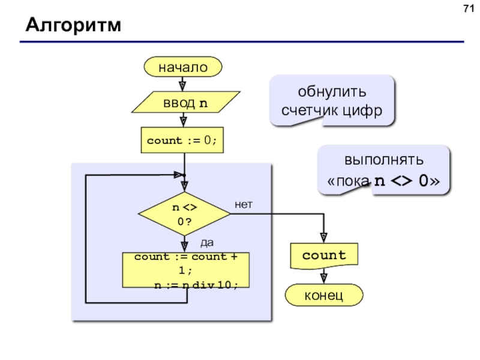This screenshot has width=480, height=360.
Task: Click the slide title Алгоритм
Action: (73, 25)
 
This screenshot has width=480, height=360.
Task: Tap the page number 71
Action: (469, 8)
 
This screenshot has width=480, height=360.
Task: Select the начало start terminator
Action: (183, 67)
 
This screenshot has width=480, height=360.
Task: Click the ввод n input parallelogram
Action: (185, 102)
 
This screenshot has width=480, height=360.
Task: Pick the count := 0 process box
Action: (182, 140)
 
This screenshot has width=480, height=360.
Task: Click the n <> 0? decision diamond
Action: (184, 214)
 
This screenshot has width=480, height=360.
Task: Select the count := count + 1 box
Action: (186, 270)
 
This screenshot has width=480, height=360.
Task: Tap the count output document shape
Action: (324, 256)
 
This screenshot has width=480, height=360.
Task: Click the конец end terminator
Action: (324, 295)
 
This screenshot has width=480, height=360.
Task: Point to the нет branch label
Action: (244, 205)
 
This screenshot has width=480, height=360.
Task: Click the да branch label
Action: (207, 243)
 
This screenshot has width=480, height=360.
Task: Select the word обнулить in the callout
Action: (332, 92)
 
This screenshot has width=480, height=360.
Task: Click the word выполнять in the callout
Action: (384, 160)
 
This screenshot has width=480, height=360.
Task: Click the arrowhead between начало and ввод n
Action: (182, 86)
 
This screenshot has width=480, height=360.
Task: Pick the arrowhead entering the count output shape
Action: (323, 238)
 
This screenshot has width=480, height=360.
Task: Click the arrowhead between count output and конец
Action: (323, 278)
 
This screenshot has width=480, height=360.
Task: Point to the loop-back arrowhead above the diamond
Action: (179, 175)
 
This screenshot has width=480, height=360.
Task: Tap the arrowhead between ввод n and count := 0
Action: (183, 122)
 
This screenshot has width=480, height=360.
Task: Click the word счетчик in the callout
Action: (310, 110)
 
